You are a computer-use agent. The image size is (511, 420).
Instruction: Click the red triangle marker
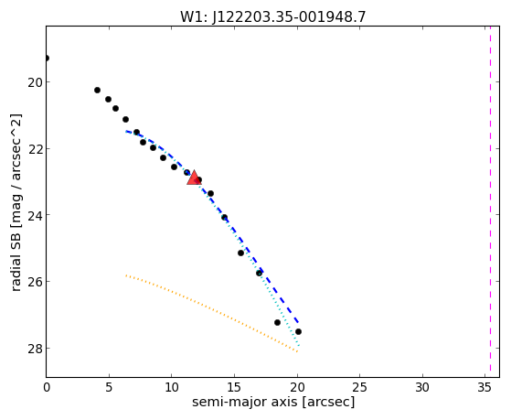pyautogui.click(x=194, y=178)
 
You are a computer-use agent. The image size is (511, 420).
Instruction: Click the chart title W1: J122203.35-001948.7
pyautogui.click(x=273, y=17)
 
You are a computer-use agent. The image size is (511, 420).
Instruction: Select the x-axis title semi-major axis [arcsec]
pyautogui.click(x=273, y=402)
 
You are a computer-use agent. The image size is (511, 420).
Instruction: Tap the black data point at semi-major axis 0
pyautogui.click(x=47, y=58)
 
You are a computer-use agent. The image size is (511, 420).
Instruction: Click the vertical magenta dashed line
pyautogui.click(x=490, y=201)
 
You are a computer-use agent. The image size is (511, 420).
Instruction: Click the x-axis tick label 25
pyautogui.click(x=360, y=388)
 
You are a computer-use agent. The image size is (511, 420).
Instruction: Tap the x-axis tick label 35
pyautogui.click(x=484, y=388)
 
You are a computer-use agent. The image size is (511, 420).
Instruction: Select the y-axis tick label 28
pyautogui.click(x=35, y=349)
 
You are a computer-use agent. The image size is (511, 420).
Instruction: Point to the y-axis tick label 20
pyautogui.click(x=35, y=82)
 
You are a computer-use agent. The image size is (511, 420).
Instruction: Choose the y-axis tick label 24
pyautogui.click(x=35, y=215)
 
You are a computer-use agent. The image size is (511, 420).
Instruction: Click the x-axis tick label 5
pyautogui.click(x=109, y=388)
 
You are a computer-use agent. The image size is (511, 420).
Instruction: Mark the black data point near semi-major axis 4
pyautogui.click(x=97, y=90)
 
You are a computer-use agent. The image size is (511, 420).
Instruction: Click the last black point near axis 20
pyautogui.click(x=298, y=331)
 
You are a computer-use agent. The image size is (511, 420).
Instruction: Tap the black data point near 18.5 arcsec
pyautogui.click(x=277, y=322)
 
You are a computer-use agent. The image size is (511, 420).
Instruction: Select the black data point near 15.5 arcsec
pyautogui.click(x=240, y=253)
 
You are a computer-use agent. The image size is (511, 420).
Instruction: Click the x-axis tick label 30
pyautogui.click(x=422, y=388)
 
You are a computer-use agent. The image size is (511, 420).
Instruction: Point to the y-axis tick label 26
pyautogui.click(x=35, y=282)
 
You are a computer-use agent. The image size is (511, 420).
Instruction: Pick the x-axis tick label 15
pyautogui.click(x=234, y=388)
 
